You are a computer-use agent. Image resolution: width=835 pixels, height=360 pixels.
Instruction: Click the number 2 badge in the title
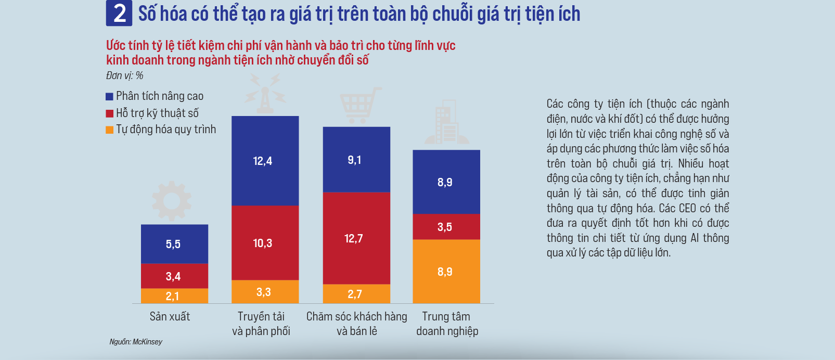119,14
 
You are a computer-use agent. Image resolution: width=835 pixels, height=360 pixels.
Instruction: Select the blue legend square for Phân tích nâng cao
109,96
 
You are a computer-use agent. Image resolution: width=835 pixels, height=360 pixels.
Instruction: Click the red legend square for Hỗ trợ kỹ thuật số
109,113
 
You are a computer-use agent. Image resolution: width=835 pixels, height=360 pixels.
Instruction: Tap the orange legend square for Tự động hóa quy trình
109,130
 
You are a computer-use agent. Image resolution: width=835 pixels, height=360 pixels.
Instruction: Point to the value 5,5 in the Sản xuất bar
173,244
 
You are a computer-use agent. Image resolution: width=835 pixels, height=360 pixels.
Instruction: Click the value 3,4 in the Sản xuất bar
173,276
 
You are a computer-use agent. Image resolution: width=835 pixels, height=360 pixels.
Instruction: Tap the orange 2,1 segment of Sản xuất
174,296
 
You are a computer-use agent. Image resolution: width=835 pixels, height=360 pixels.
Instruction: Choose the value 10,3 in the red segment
263,243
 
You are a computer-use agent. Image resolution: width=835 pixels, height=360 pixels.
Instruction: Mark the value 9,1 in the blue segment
354,160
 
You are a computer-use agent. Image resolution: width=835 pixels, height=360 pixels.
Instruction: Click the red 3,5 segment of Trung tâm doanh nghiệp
446,227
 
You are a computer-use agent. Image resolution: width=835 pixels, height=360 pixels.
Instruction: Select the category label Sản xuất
170,316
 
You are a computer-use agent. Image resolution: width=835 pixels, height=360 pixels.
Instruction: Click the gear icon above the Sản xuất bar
172,200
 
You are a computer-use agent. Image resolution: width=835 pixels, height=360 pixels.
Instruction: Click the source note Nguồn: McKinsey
136,342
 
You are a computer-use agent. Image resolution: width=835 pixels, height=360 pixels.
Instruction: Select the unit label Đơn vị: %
124,75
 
